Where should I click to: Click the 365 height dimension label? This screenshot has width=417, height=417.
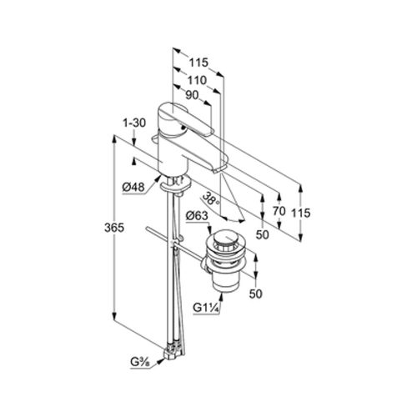pyautogui.click(x=114, y=228)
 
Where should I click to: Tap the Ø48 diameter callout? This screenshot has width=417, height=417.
pyautogui.click(x=133, y=188)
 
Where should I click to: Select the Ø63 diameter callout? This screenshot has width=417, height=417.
pyautogui.click(x=197, y=215)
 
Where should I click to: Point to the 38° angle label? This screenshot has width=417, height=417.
pyautogui.click(x=211, y=198)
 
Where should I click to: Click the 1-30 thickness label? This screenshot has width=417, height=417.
pyautogui.click(x=134, y=123)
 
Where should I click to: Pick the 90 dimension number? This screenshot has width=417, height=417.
pyautogui.click(x=192, y=95)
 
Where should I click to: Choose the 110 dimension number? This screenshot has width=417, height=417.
pyautogui.click(x=197, y=80)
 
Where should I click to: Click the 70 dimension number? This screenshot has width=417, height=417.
pyautogui.click(x=279, y=211)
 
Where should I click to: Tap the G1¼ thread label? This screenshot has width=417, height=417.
pyautogui.click(x=207, y=308)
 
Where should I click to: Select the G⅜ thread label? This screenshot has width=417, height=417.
pyautogui.click(x=139, y=362)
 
